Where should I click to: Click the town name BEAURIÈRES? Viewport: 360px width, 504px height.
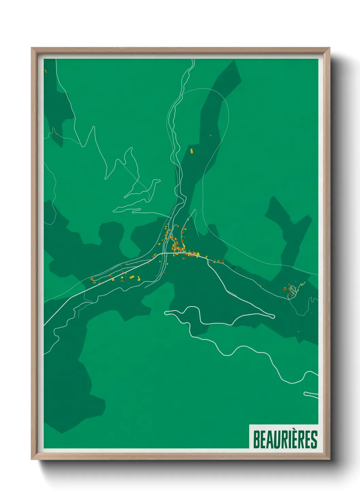pyautogui.click(x=285, y=439)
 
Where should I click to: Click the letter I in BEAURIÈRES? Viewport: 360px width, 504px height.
pyautogui.click(x=289, y=440)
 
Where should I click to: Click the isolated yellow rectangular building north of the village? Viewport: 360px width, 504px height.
pyautogui.click(x=192, y=151)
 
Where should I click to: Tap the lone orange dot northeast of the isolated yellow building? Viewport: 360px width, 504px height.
pyautogui.click(x=211, y=136)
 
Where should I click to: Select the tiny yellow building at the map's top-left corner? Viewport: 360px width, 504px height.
pyautogui.click(x=46, y=71)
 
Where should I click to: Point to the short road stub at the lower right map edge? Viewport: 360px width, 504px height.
pyautogui.click(x=310, y=394)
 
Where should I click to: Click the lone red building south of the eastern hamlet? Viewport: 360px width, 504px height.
pyautogui.click(x=293, y=311)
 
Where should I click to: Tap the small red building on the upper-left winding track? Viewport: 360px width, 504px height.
pyautogui.click(x=56, y=134)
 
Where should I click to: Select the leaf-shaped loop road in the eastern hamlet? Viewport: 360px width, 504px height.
pyautogui.click(x=292, y=290)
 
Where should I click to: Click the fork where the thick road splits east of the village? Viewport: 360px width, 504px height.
pyautogui.click(x=208, y=261)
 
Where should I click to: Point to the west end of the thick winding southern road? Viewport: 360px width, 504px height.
pyautogui.click(x=166, y=312)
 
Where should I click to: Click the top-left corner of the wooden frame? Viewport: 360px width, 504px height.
pyautogui.click(x=32, y=48)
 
